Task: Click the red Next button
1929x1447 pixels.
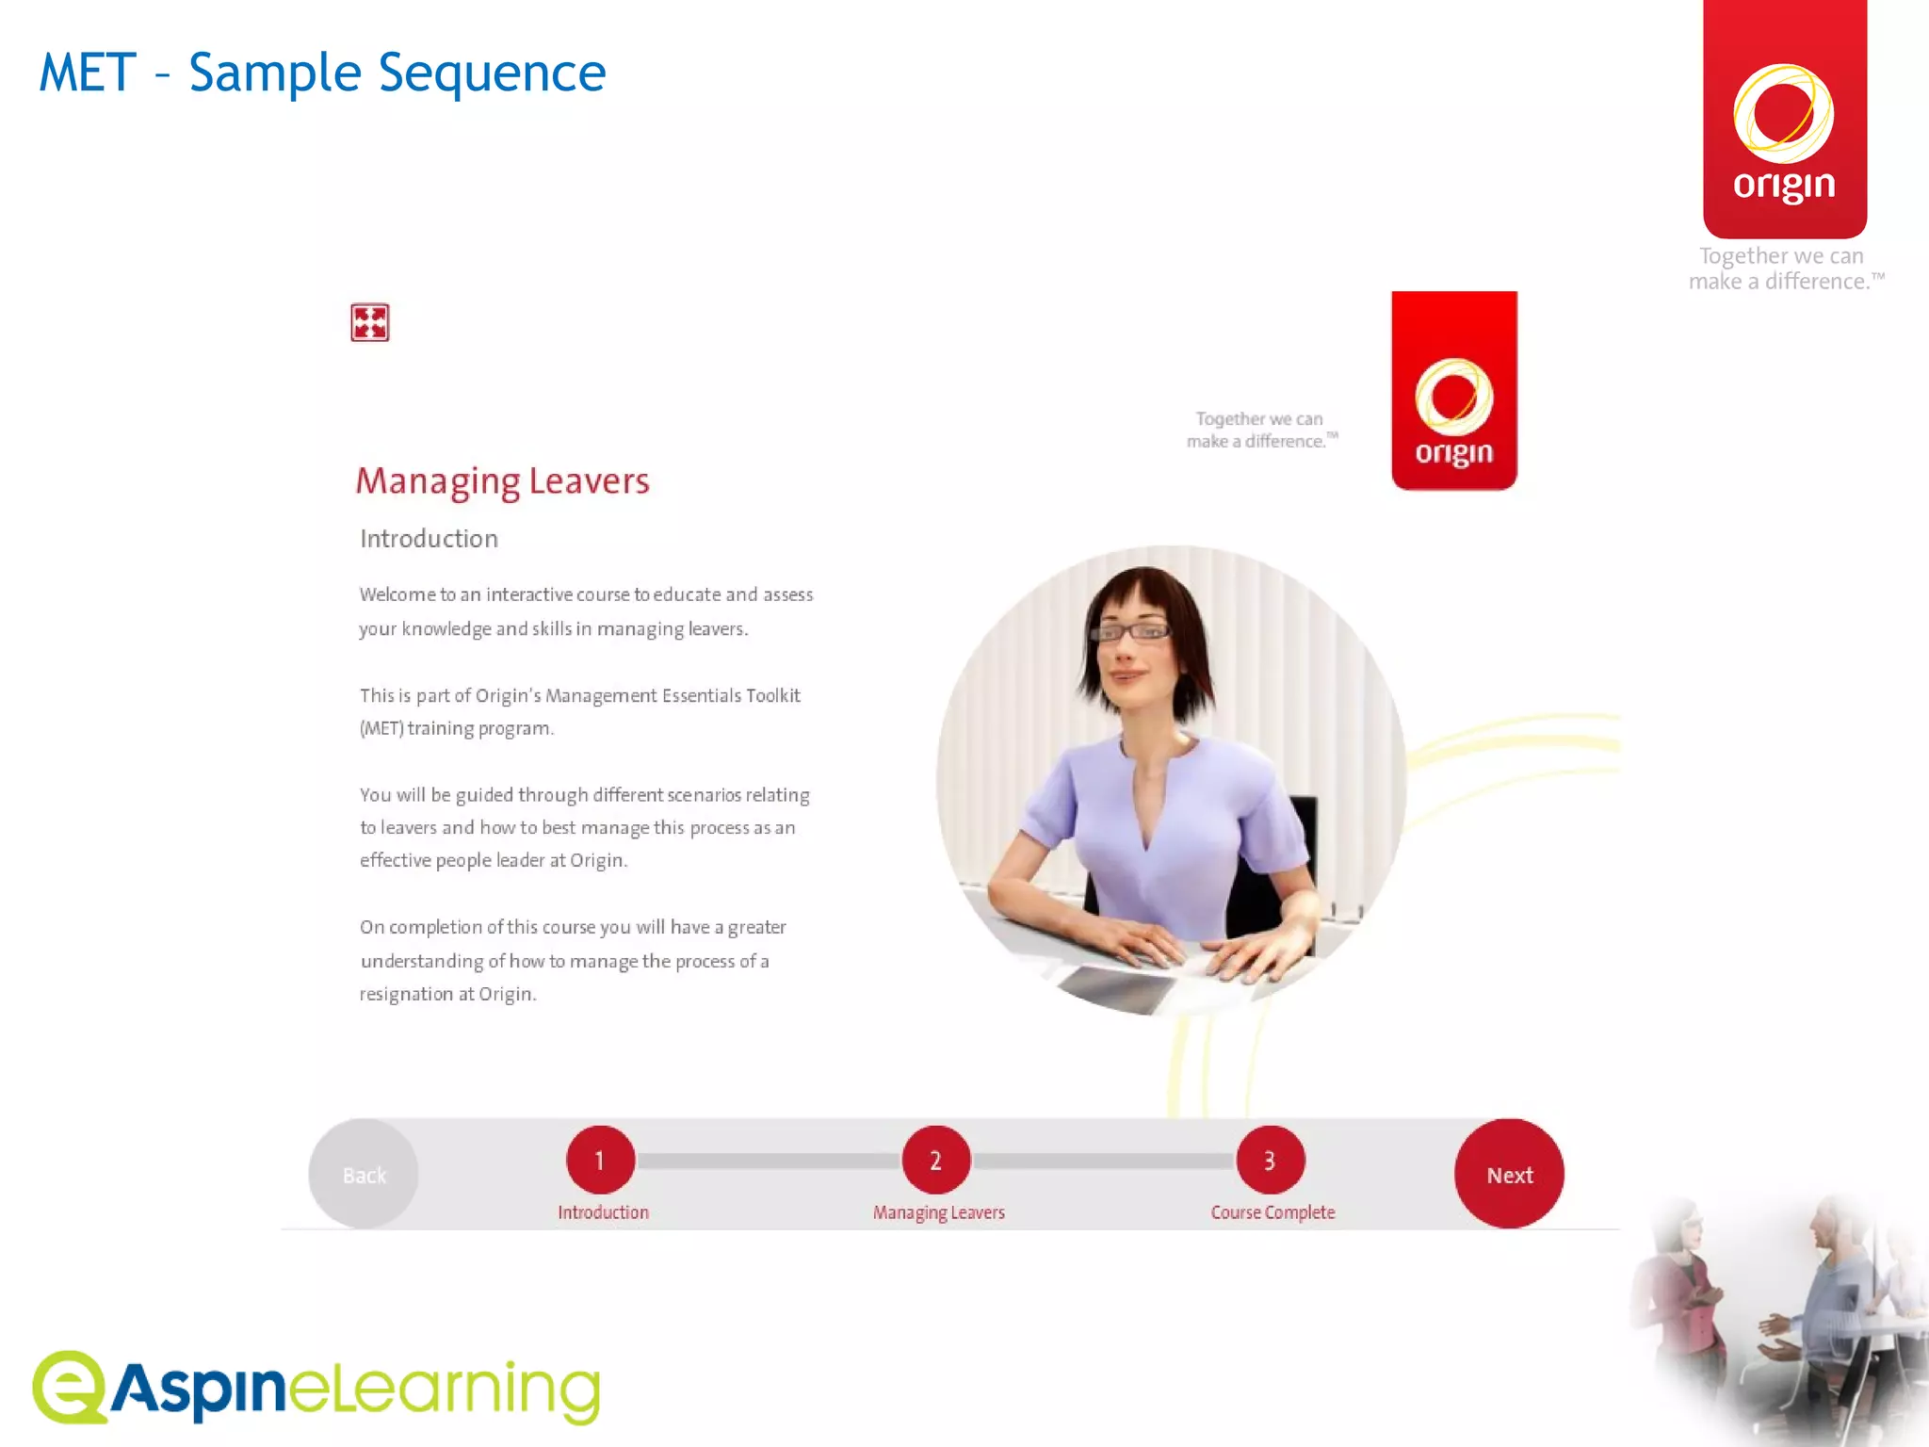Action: [x=1508, y=1174]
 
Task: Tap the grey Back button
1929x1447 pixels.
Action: [x=364, y=1174]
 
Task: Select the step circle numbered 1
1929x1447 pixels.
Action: [x=600, y=1160]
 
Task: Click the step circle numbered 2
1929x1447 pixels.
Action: [x=935, y=1160]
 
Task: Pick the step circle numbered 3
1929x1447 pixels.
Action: [x=1270, y=1160]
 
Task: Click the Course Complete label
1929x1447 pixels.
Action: [x=1272, y=1212]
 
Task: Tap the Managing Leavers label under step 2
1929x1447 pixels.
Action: [x=938, y=1212]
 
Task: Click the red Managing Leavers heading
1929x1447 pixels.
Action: [x=502, y=481]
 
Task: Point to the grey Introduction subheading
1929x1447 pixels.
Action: [x=429, y=539]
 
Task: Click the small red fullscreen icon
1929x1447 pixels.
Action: [x=369, y=323]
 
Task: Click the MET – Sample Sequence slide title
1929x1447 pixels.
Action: [x=322, y=73]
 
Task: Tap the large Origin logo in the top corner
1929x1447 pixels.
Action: [x=1784, y=120]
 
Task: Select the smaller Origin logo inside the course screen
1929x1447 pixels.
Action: [x=1453, y=391]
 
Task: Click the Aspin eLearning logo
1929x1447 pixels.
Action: [x=316, y=1389]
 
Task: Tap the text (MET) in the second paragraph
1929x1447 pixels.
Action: [x=381, y=728]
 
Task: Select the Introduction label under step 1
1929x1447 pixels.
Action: [x=603, y=1212]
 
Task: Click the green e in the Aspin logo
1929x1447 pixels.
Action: [x=68, y=1387]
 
